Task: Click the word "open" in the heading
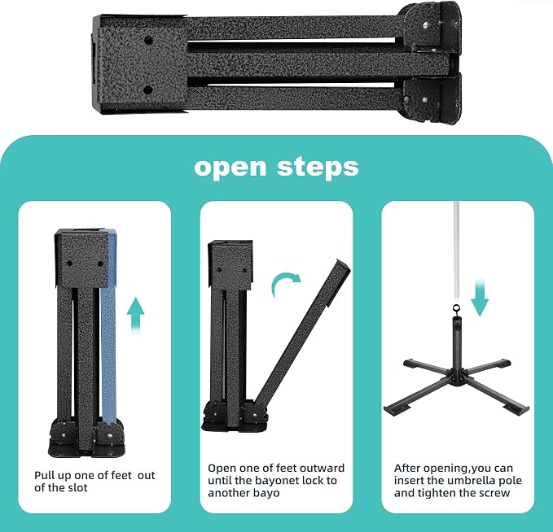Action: [230, 168]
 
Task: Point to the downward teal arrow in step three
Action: [480, 297]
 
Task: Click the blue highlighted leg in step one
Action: [108, 328]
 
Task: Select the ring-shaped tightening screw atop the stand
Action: [456, 309]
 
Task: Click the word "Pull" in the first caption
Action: [43, 476]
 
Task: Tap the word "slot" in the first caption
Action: [77, 488]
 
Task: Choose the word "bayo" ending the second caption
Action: [266, 493]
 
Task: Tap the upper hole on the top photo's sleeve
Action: [148, 40]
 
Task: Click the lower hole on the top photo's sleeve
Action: [148, 90]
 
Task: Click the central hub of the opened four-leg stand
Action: [455, 375]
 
